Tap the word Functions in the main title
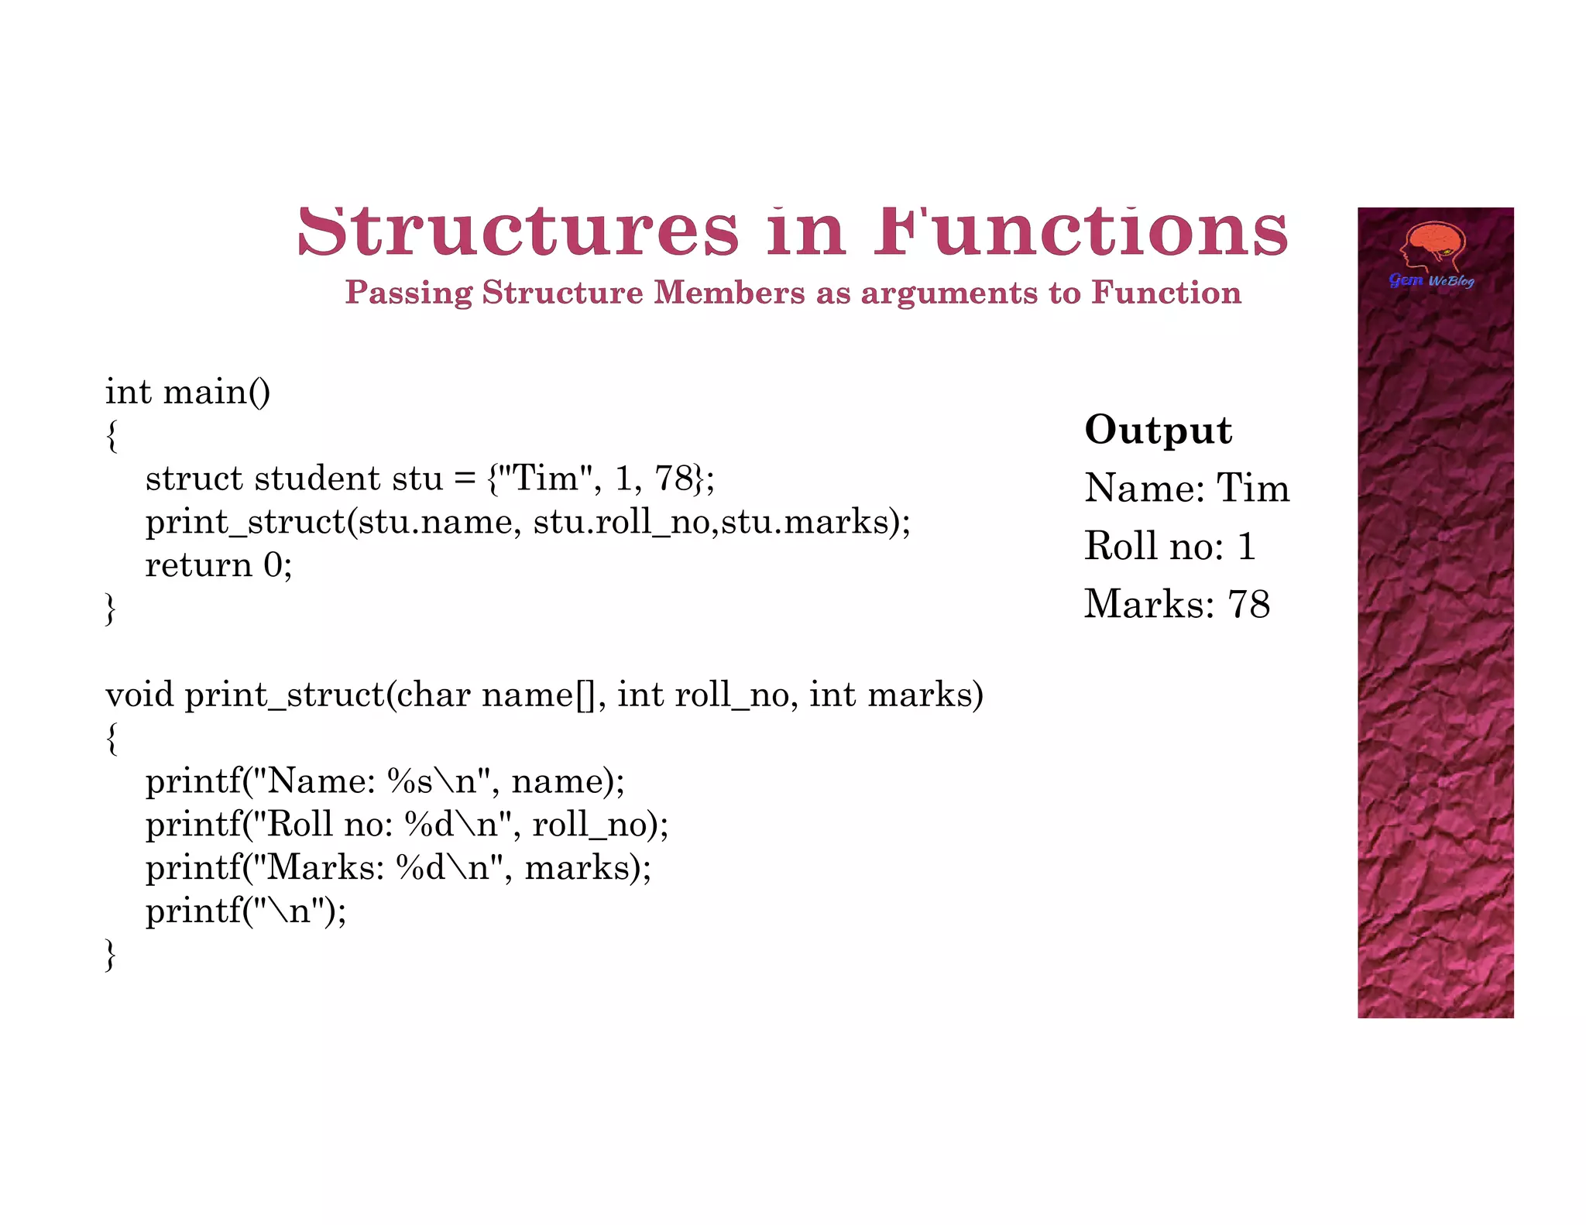[x=1081, y=232]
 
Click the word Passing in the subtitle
[x=408, y=293]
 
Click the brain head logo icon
[x=1434, y=247]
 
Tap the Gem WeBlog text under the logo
[x=1431, y=280]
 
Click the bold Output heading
[x=1158, y=430]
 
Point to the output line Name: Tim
[x=1186, y=489]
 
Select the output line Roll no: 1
[x=1169, y=546]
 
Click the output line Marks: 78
[x=1176, y=604]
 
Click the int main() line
[x=188, y=392]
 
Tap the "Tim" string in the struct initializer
[x=547, y=479]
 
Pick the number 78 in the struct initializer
[x=673, y=479]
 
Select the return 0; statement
[x=218, y=565]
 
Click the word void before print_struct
[x=139, y=695]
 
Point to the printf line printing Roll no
[x=407, y=825]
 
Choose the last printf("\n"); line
[x=245, y=911]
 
